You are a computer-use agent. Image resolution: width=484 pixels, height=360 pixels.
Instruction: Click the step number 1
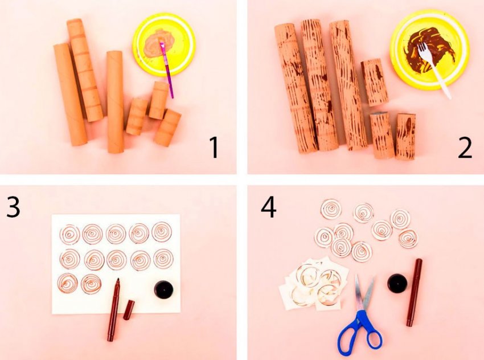click(214, 148)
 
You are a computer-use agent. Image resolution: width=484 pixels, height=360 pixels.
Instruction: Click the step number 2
click(465, 148)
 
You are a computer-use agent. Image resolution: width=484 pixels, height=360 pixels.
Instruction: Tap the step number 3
click(13, 206)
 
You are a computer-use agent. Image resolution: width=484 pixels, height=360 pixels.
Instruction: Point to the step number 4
click(269, 207)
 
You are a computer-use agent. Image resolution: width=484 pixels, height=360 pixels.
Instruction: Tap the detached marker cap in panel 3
click(129, 310)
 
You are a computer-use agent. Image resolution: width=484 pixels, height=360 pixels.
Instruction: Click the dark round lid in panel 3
click(163, 290)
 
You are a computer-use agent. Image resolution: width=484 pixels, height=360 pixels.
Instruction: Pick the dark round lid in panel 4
click(397, 283)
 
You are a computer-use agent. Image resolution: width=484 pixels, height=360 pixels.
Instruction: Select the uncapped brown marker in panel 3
click(113, 310)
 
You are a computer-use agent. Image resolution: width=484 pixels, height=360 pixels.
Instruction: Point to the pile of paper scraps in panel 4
click(314, 284)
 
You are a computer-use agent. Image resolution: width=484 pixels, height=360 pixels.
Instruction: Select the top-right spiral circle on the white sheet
click(162, 232)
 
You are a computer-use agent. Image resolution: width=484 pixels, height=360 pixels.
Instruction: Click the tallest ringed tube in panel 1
click(85, 70)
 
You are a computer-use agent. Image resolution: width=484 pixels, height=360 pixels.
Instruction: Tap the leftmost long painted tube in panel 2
click(296, 88)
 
